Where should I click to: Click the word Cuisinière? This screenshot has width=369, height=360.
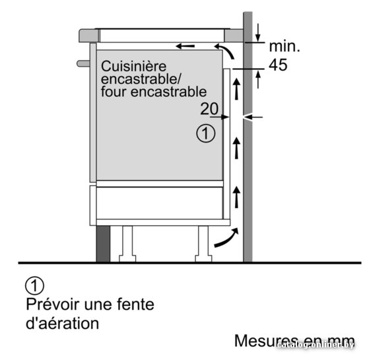pyautogui.click(x=133, y=66)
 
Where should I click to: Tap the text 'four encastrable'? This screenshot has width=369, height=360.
pyautogui.click(x=154, y=92)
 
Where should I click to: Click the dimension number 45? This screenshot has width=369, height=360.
pyautogui.click(x=278, y=65)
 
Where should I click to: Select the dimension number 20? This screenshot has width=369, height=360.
pyautogui.click(x=209, y=108)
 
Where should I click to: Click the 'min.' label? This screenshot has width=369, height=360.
pyautogui.click(x=285, y=46)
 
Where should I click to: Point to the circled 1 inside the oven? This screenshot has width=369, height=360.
pyautogui.click(x=206, y=133)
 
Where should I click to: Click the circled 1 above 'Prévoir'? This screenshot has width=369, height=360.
pyautogui.click(x=34, y=285)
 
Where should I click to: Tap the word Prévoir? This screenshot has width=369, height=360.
pyautogui.click(x=52, y=304)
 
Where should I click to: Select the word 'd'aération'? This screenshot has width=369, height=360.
pyautogui.click(x=62, y=323)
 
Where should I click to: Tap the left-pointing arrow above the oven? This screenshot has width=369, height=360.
pyautogui.click(x=185, y=46)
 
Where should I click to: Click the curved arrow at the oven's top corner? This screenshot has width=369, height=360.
pyautogui.click(x=224, y=50)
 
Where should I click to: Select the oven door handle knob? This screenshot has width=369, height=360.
pyautogui.click(x=83, y=63)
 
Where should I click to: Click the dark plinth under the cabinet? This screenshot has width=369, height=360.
pyautogui.click(x=103, y=244)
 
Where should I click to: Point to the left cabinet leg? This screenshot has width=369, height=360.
pyautogui.click(x=127, y=244)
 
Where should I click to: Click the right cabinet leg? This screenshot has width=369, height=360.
pyautogui.click(x=203, y=244)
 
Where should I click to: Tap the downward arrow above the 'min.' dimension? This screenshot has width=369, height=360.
pyautogui.click(x=258, y=32)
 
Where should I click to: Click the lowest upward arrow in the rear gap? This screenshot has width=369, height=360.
pyautogui.click(x=236, y=197)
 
